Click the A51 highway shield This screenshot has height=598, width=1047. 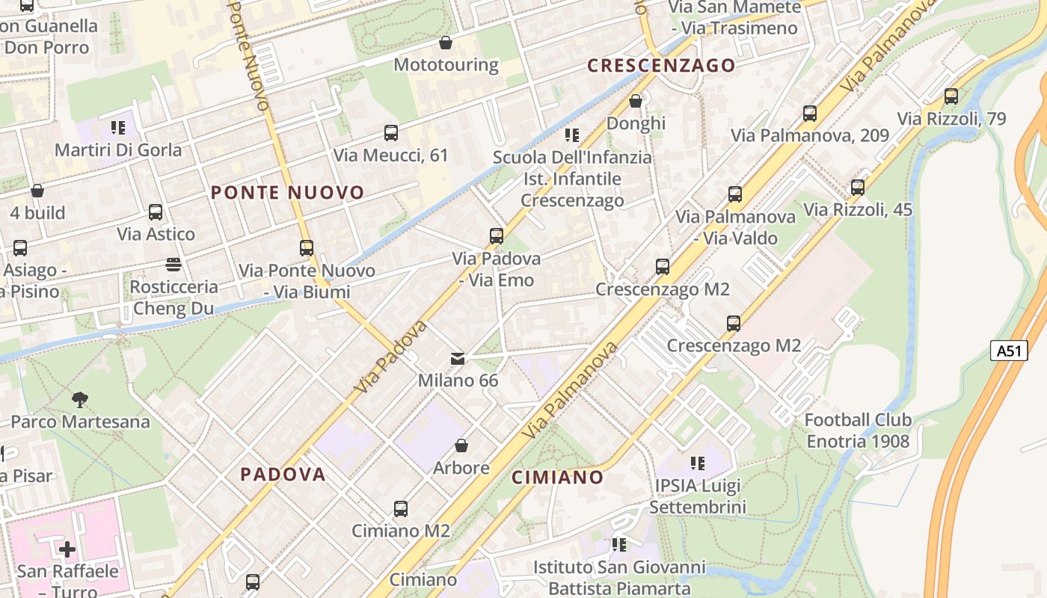coord(1009,351)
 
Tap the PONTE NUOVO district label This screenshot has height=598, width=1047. coord(287,193)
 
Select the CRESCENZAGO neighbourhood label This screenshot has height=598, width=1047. coord(661,66)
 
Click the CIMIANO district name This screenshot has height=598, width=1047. coord(557,477)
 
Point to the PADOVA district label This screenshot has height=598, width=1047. coord(283,474)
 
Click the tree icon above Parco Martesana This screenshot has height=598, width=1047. coord(80,400)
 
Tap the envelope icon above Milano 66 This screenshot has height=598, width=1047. coord(458,359)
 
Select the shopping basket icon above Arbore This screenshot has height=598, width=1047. coord(461,446)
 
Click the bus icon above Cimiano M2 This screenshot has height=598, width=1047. coord(401,509)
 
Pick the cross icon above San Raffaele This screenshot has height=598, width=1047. coord(67,550)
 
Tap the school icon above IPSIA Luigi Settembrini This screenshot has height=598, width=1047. coord(698,463)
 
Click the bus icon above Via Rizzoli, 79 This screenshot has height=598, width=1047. coord(951,96)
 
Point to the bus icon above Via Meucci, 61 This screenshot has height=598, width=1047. coord(390,133)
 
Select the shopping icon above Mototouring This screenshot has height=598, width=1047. coord(446,43)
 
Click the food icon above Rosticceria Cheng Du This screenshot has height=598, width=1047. coord(174,264)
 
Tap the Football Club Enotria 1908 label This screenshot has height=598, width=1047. coord(858,431)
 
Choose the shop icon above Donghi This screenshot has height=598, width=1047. coord(636,101)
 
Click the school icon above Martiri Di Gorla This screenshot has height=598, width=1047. coord(118,128)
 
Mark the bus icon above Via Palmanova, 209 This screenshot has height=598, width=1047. coord(810,114)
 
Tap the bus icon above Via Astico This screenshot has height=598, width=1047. coord(156,212)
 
